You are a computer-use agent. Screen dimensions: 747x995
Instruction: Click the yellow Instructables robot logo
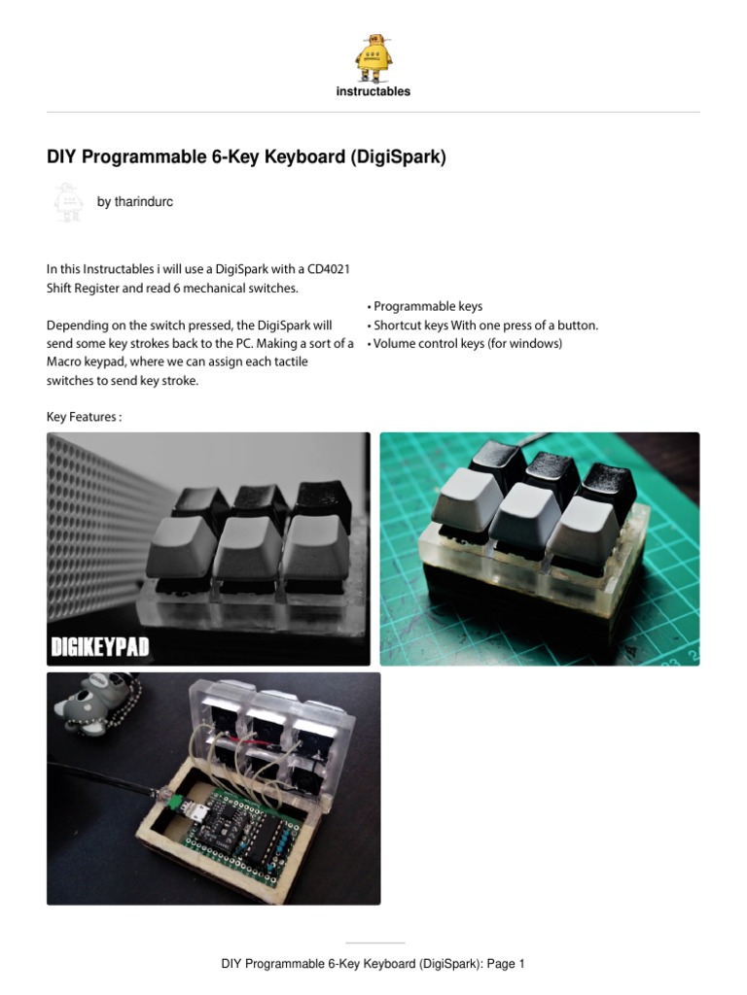pos(373,57)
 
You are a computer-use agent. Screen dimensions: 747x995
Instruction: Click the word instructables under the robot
pos(373,91)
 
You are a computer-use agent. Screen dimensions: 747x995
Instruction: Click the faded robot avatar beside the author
pos(69,202)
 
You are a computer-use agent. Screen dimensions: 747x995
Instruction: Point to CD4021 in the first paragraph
pos(329,269)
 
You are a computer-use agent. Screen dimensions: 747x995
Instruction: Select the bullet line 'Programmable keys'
pos(425,306)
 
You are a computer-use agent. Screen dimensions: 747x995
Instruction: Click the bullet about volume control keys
pos(464,344)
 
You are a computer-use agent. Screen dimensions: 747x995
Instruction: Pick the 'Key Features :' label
pos(84,417)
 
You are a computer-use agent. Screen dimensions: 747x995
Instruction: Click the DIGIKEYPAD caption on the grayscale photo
pos(100,646)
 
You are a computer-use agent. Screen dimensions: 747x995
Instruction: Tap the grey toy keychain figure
pos(92,703)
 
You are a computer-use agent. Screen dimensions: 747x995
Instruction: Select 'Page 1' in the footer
pos(507,964)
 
